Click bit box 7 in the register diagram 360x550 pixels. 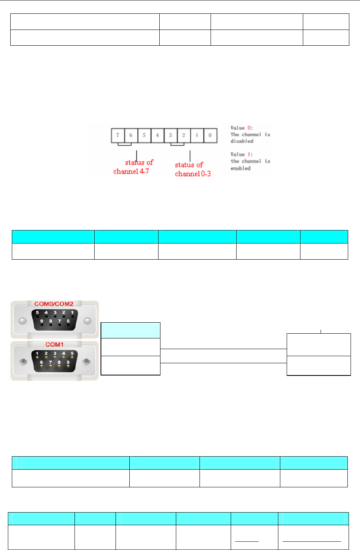pyautogui.click(x=118, y=135)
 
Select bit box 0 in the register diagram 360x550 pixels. pyautogui.click(x=210, y=135)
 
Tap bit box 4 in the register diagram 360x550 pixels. pyautogui.click(x=157, y=135)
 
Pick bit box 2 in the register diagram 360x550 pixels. pyautogui.click(x=184, y=135)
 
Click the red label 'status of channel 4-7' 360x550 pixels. pyautogui.click(x=132, y=167)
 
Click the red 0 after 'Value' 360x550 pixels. pyautogui.click(x=248, y=128)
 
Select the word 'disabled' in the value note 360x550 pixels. pyautogui.click(x=242, y=141)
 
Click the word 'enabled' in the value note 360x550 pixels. pyautogui.click(x=241, y=168)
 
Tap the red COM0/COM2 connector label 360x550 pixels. pyautogui.click(x=54, y=304)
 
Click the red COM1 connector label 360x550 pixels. pyautogui.click(x=54, y=344)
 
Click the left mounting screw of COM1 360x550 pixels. pyautogui.click(x=23, y=361)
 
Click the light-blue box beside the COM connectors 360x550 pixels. pyautogui.click(x=131, y=330)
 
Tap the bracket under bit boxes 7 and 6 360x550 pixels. pyautogui.click(x=124, y=144)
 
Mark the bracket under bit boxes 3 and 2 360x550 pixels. pyautogui.click(x=177, y=144)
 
